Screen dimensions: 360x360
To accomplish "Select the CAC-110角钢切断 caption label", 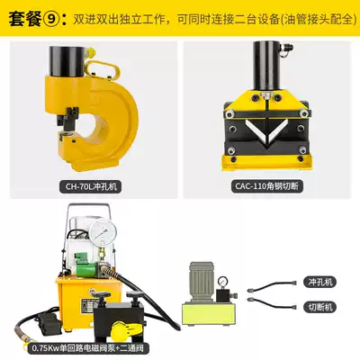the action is (x=267, y=186).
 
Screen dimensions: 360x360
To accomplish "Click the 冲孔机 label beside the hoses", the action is (x=320, y=282).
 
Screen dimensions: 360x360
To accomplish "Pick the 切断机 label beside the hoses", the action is (x=320, y=307).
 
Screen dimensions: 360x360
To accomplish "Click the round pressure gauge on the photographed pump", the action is (x=103, y=233).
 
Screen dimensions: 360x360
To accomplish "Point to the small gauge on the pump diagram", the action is (x=222, y=282).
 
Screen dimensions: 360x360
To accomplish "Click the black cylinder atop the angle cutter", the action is (x=267, y=66).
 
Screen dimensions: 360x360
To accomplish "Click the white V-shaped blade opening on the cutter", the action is (x=267, y=130).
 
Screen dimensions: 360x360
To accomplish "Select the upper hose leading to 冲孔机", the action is (x=272, y=286).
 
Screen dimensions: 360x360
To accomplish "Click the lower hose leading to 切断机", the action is (x=272, y=302).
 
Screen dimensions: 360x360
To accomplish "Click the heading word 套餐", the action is (x=25, y=20).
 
